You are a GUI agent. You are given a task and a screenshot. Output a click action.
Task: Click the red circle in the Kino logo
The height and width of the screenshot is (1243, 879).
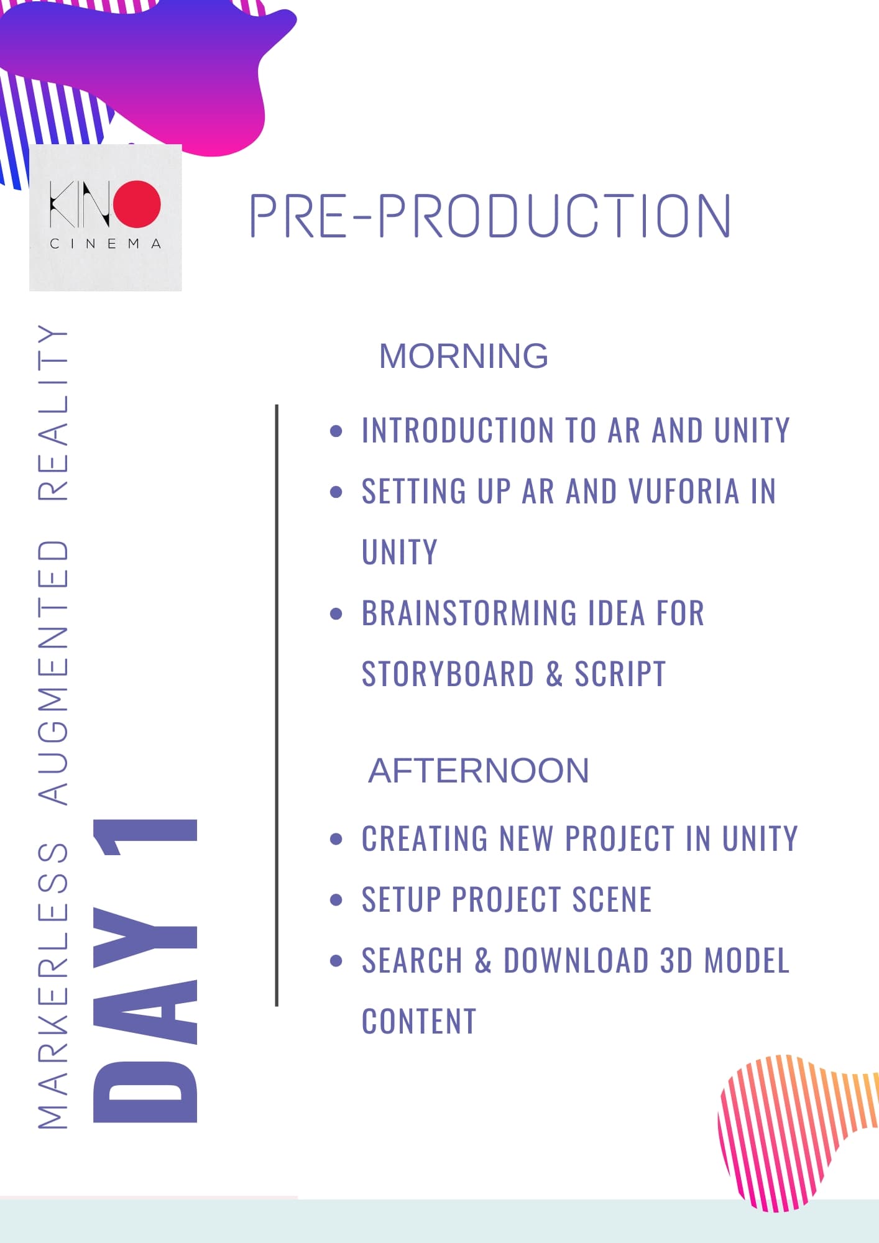137,204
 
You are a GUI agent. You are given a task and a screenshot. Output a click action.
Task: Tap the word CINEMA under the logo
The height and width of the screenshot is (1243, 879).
106,244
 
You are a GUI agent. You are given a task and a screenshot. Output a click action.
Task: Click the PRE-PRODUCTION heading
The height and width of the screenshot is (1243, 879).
490,216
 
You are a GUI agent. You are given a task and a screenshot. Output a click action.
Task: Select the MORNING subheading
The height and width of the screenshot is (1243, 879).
464,356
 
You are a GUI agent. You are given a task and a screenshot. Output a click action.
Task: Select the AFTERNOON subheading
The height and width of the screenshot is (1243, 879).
479,771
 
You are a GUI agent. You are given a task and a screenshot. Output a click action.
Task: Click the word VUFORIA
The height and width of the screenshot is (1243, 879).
684,491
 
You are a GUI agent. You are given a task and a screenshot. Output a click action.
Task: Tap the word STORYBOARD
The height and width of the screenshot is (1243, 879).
448,674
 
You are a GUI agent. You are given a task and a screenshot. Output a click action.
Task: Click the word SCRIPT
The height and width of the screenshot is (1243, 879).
620,674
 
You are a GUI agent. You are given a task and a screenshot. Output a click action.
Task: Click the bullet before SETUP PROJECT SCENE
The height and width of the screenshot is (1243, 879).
336,900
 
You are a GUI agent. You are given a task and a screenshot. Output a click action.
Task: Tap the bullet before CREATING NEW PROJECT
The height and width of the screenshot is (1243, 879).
336,839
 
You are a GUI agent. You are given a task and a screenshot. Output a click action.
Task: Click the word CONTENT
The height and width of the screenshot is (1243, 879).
419,1021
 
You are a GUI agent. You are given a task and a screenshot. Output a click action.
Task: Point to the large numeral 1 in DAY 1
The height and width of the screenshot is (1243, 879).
145,837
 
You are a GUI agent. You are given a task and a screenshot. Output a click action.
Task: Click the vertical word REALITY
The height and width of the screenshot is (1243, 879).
53,413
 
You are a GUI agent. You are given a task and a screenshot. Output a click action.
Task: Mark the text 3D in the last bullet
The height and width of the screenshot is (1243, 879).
676,960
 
